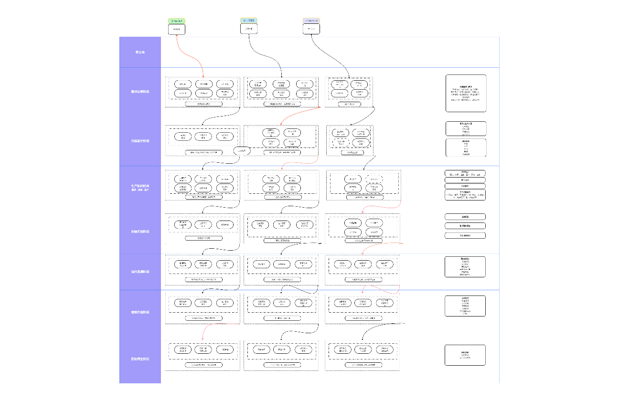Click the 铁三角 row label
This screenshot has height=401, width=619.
click(140, 52)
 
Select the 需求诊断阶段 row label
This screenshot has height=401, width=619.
click(140, 91)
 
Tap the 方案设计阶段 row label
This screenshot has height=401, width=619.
click(140, 141)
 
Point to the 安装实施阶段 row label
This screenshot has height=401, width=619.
click(140, 232)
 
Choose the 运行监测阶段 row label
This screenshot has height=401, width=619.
click(140, 272)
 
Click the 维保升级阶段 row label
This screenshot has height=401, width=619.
click(140, 312)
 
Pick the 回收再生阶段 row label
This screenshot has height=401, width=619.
click(140, 359)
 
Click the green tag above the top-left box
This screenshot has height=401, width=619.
click(177, 21)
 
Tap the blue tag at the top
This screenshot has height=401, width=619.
click(249, 21)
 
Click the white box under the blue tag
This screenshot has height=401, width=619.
click(249, 29)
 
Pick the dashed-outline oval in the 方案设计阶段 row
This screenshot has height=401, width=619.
click(374, 179)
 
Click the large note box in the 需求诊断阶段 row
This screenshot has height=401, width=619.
click(466, 93)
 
